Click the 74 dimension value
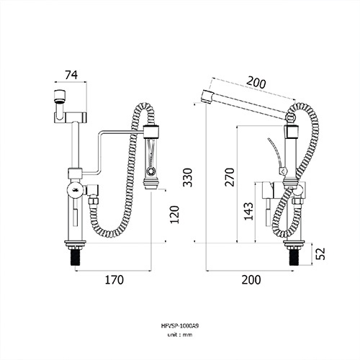[x=71, y=75]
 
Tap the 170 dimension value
[x=114, y=280]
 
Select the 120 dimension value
[x=174, y=215]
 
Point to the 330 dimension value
[x=187, y=178]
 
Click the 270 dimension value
[x=230, y=177]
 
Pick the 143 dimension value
[x=248, y=211]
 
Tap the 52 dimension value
[x=320, y=253]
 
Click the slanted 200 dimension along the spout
[x=256, y=82]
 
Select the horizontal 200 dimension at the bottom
[x=251, y=280]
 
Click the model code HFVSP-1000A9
[x=180, y=326]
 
